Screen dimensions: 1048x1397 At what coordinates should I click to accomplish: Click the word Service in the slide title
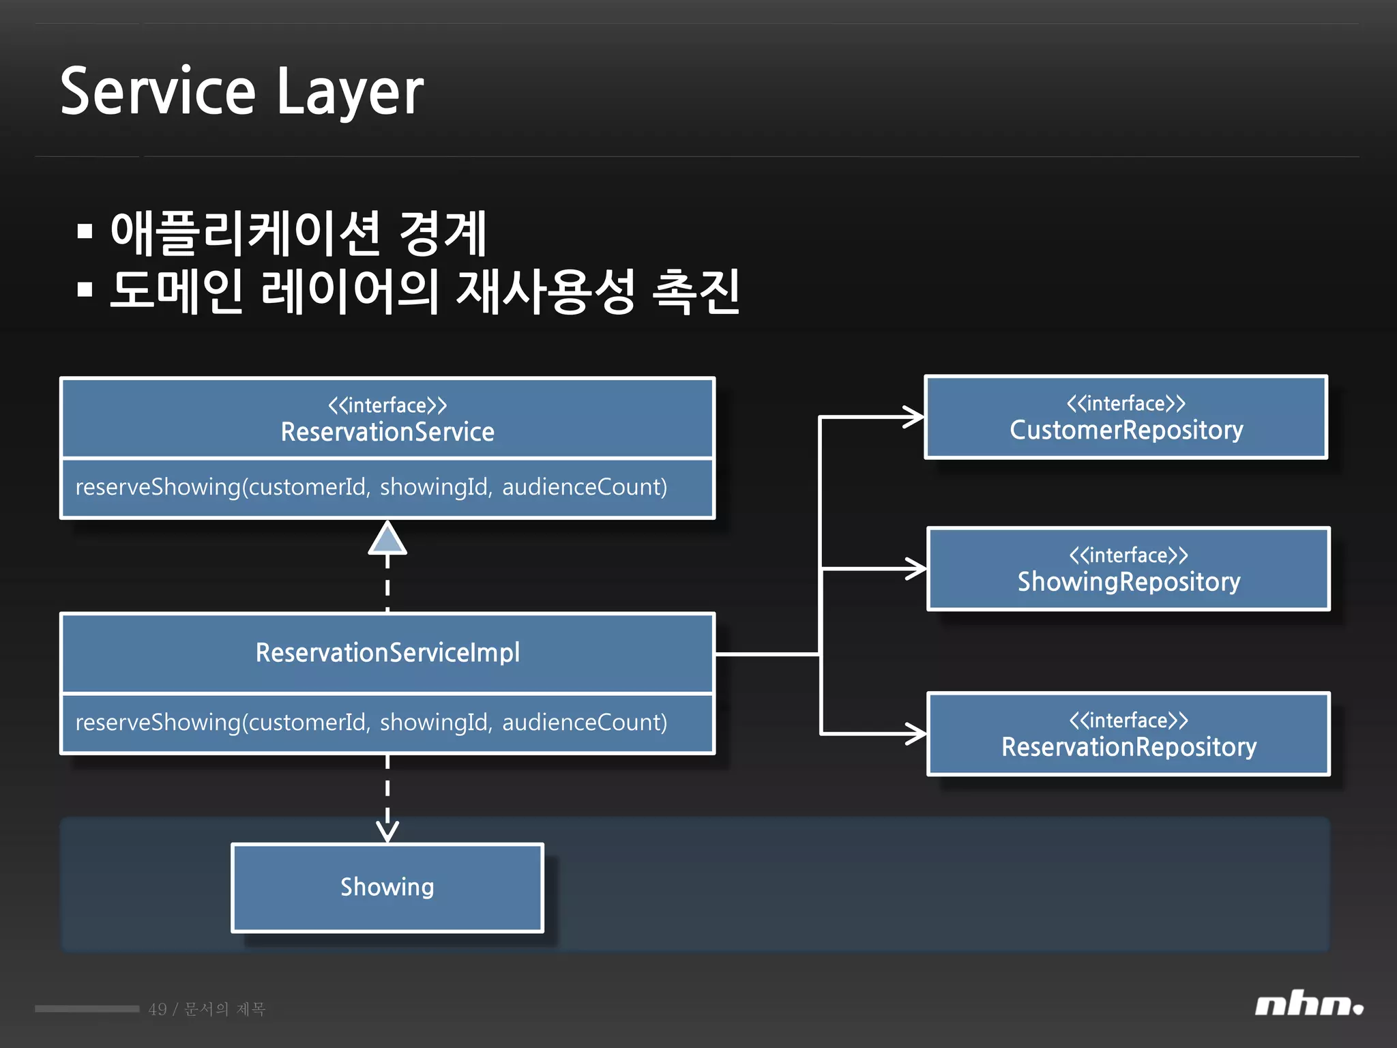[x=158, y=92]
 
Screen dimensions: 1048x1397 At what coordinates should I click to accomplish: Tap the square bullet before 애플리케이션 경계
[x=85, y=232]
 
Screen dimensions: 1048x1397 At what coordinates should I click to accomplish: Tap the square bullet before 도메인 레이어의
[x=85, y=290]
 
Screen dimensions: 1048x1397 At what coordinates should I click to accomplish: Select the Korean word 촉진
[x=696, y=291]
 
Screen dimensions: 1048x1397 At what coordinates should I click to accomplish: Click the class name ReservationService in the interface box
[x=387, y=432]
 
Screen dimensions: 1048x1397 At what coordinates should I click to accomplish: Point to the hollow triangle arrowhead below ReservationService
[x=387, y=539]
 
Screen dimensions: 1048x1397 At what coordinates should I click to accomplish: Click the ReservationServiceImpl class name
[x=387, y=653]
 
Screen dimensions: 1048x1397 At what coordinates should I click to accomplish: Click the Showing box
[x=387, y=887]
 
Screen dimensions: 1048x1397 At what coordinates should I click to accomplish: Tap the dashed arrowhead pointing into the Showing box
[x=387, y=832]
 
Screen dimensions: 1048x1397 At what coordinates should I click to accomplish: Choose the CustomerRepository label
[x=1126, y=430]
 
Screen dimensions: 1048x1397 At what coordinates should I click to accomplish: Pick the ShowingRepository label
[x=1129, y=582]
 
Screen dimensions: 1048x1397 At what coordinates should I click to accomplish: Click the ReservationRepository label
[x=1129, y=747]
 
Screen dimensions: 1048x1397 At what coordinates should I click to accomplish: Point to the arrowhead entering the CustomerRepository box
[x=914, y=416]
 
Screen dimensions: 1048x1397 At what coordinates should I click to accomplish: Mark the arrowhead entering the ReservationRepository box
[x=917, y=734]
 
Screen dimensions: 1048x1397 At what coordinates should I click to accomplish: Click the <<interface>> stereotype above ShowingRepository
[x=1129, y=555]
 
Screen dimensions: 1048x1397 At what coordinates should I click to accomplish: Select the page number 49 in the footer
[x=158, y=1009]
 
